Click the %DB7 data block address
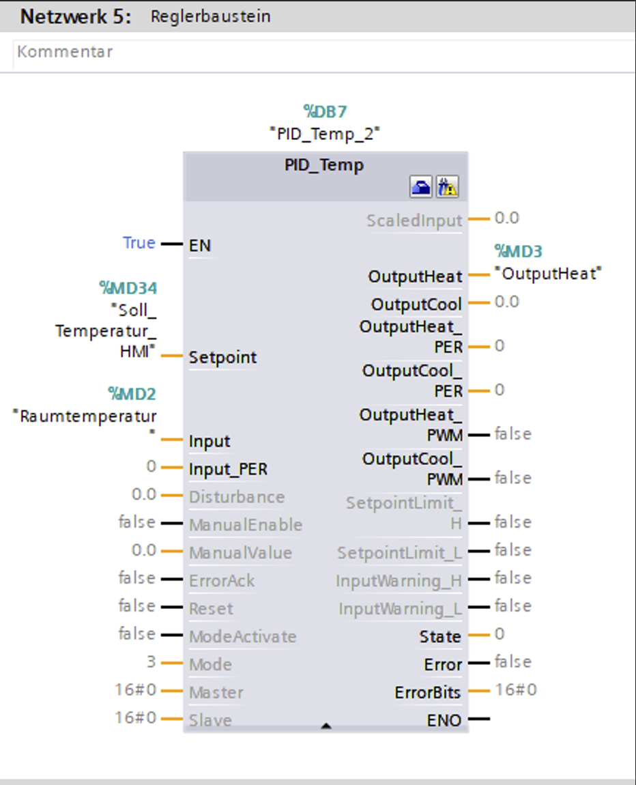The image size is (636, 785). (x=325, y=111)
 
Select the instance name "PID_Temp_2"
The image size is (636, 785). (x=325, y=134)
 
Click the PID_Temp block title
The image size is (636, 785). (x=324, y=165)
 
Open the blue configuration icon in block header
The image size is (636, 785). (x=421, y=187)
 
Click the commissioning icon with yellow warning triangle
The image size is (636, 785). (x=447, y=187)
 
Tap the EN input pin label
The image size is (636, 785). (x=200, y=245)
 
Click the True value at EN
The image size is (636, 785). (x=139, y=243)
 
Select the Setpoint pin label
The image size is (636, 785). (x=222, y=358)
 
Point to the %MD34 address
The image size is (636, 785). (x=128, y=288)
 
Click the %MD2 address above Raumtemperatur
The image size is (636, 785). (x=132, y=394)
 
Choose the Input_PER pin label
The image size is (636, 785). (x=228, y=469)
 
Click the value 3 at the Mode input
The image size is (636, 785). (x=151, y=662)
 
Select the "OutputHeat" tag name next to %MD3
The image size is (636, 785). (x=548, y=273)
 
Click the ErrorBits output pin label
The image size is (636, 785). (x=428, y=692)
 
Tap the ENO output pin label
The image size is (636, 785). (x=444, y=720)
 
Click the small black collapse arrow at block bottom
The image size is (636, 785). (x=326, y=726)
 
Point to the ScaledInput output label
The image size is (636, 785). (x=414, y=220)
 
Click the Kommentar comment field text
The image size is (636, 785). (x=65, y=52)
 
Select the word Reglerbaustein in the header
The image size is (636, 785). (x=211, y=16)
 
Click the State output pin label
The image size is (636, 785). (x=440, y=636)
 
